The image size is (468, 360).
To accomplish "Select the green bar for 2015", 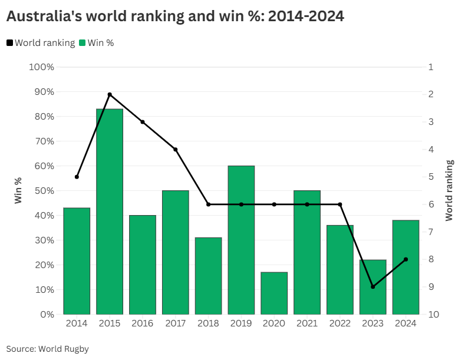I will click(110, 212).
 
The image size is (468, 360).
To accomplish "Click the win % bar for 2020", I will click(274, 293).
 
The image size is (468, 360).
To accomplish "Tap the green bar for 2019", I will click(241, 240).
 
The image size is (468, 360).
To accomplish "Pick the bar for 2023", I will click(373, 287).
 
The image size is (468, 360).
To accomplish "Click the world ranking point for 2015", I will click(110, 94).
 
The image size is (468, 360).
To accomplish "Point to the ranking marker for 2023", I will click(373, 287).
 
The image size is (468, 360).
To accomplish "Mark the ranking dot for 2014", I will click(77, 177).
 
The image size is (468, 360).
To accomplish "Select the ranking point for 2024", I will click(406, 259).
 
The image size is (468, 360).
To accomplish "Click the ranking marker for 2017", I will click(176, 150).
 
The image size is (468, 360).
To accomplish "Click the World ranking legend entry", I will click(41, 42).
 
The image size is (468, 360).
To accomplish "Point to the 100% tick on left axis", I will click(41, 67).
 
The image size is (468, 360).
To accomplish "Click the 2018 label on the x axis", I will click(208, 323).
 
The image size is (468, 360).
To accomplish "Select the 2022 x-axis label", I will click(340, 323).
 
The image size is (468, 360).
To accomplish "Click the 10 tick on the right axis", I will click(433, 315).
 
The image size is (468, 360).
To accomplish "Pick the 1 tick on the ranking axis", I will click(431, 67).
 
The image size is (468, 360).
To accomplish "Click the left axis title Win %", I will click(18, 191).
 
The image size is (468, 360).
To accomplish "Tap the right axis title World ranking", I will click(450, 190).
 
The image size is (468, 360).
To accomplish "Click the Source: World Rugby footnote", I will click(47, 349).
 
